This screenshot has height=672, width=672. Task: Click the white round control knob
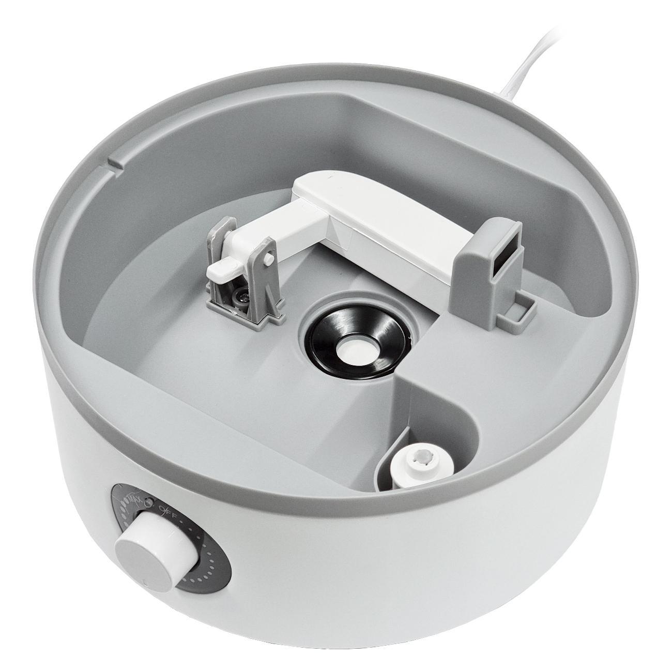coord(150,546)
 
